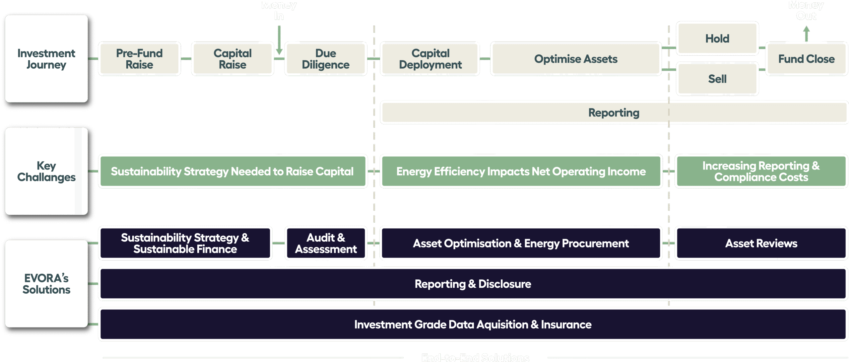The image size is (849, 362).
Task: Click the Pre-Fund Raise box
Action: pyautogui.click(x=139, y=59)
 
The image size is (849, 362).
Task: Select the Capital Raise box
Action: pyautogui.click(x=232, y=59)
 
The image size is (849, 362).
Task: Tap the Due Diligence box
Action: pyautogui.click(x=326, y=59)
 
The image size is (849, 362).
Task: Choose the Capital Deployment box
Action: pyautogui.click(x=430, y=59)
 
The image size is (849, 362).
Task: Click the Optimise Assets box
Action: pyautogui.click(x=576, y=59)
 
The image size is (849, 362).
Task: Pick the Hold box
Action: pyautogui.click(x=717, y=38)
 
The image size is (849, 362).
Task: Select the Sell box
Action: pyautogui.click(x=717, y=79)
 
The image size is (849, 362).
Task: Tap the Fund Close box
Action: pyautogui.click(x=806, y=59)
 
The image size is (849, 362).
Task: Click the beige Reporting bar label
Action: pyautogui.click(x=614, y=112)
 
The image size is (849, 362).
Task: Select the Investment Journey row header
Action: pyautogui.click(x=46, y=59)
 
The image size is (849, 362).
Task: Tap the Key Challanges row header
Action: pyautogui.click(x=46, y=171)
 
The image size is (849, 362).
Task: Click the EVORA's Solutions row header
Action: pyautogui.click(x=46, y=284)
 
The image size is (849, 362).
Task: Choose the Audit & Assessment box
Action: pyautogui.click(x=326, y=243)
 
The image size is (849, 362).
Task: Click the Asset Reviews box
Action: pyautogui.click(x=761, y=243)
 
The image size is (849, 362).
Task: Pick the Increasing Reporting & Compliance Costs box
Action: pyautogui.click(x=761, y=171)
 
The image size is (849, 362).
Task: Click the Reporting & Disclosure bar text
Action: pyautogui.click(x=473, y=284)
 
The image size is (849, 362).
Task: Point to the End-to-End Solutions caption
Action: pyautogui.click(x=475, y=357)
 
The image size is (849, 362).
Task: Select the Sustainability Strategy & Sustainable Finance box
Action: pyautogui.click(x=185, y=243)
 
